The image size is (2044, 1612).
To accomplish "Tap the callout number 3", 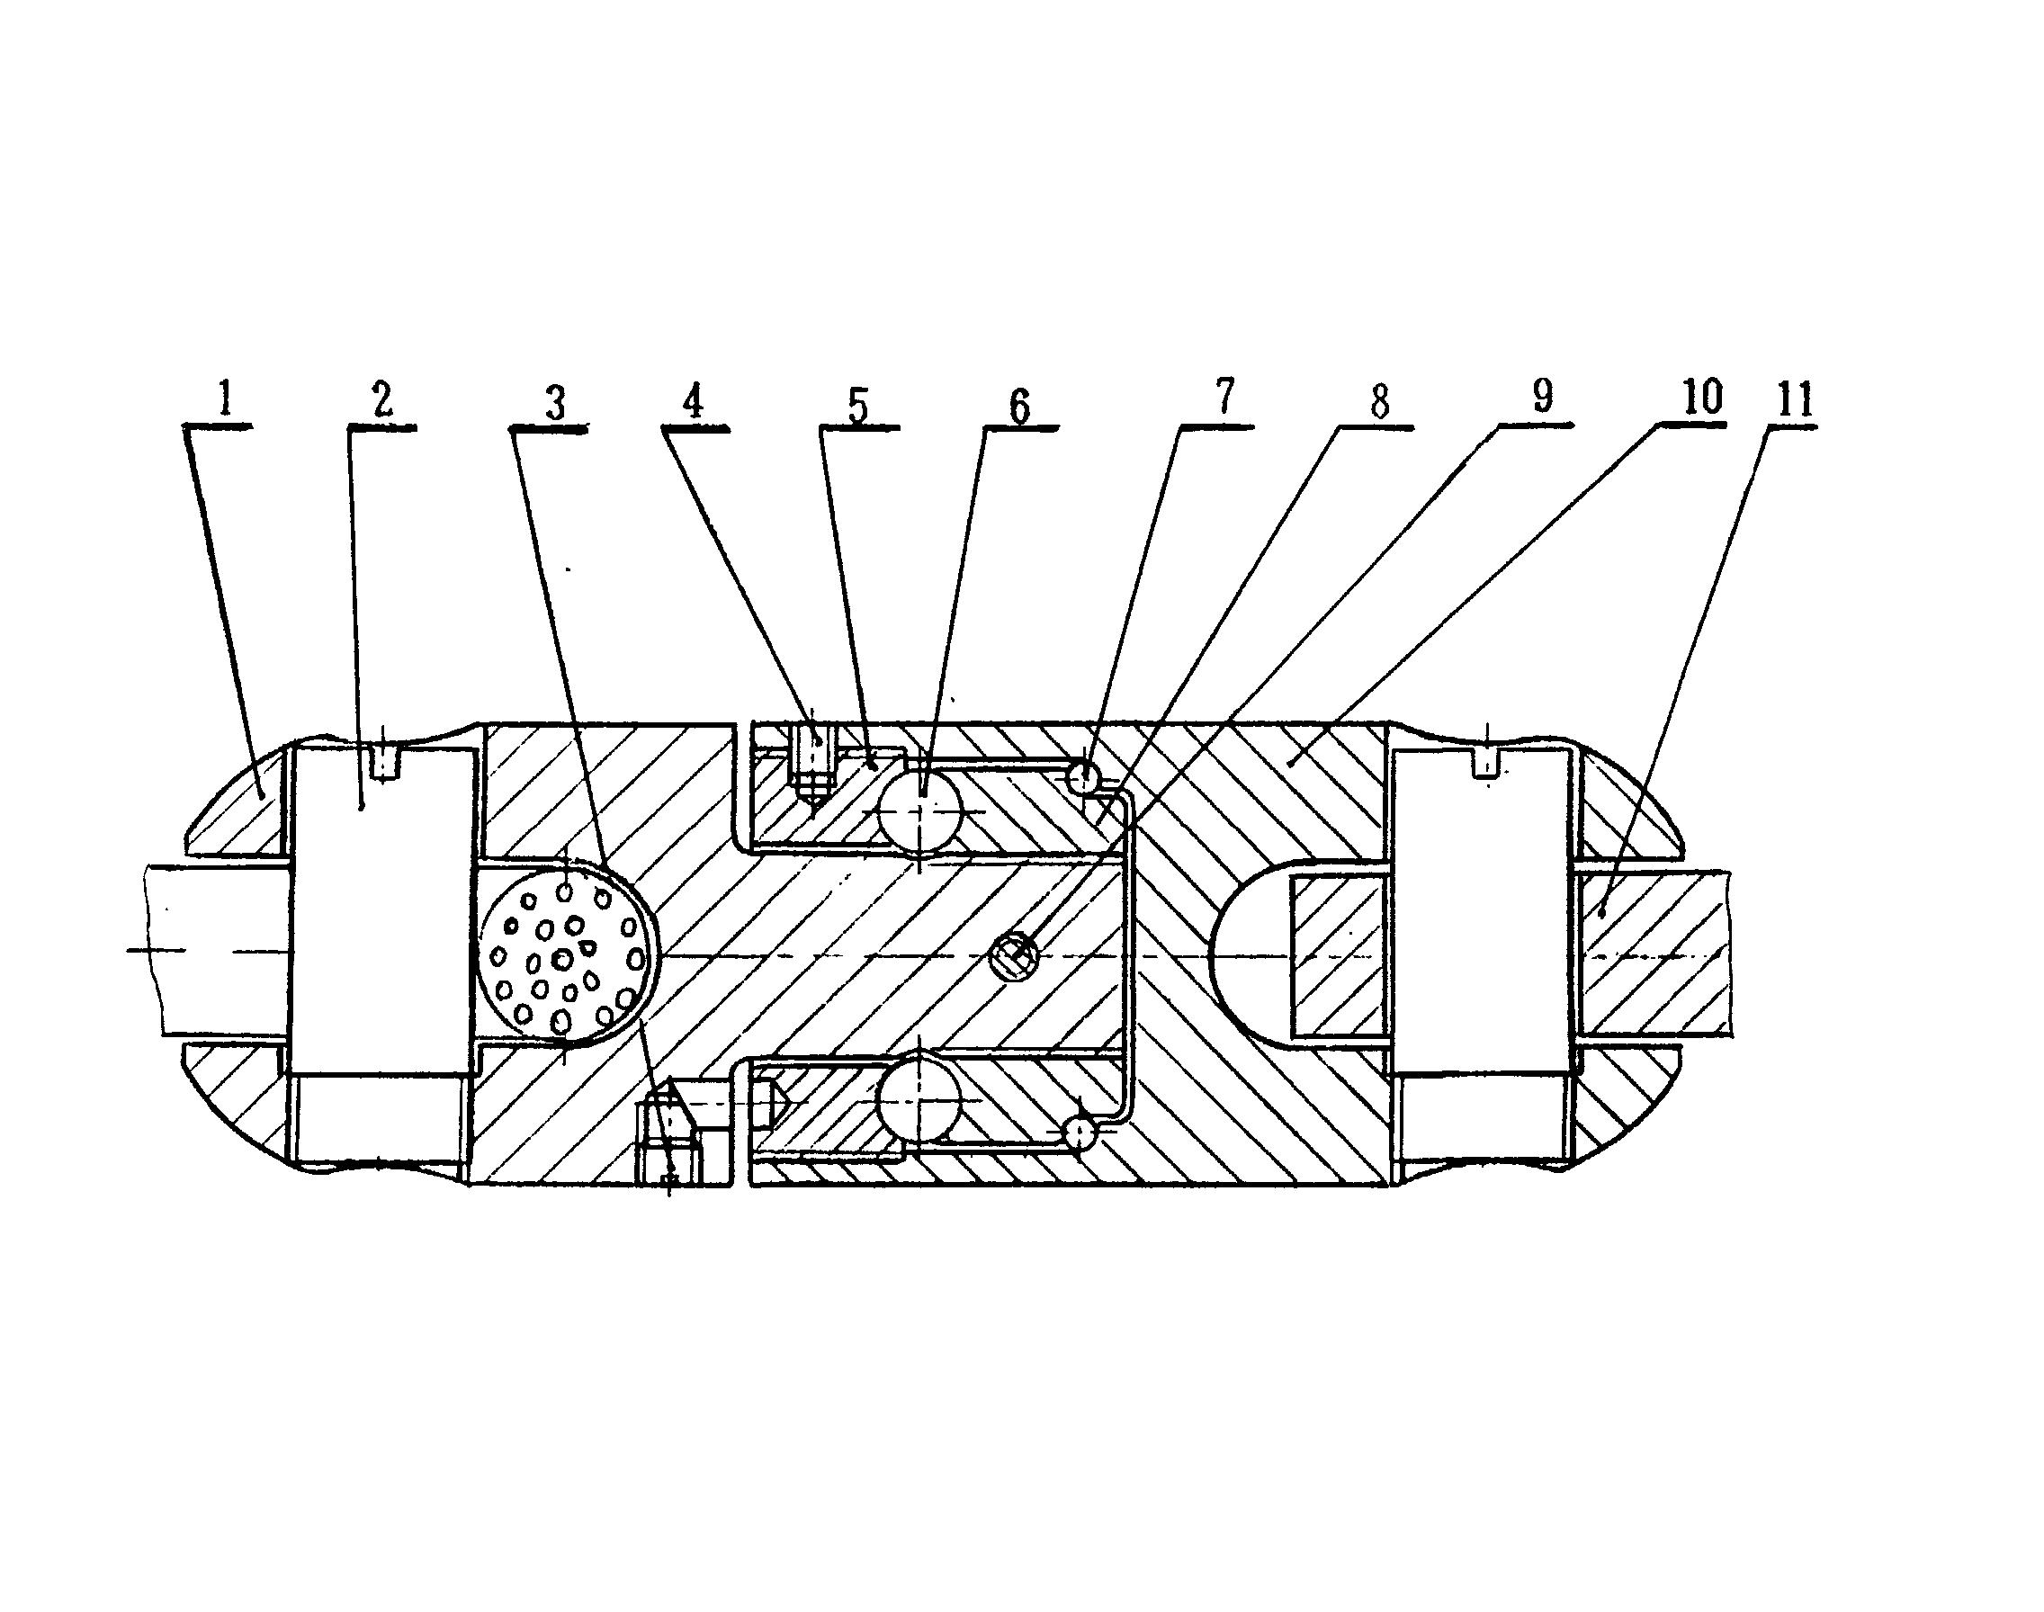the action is pos(555,403).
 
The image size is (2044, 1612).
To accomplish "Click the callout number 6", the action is pos(1019,406).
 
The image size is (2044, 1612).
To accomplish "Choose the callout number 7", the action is pos(1224,397).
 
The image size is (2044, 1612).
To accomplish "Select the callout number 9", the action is pos(1542,397).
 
